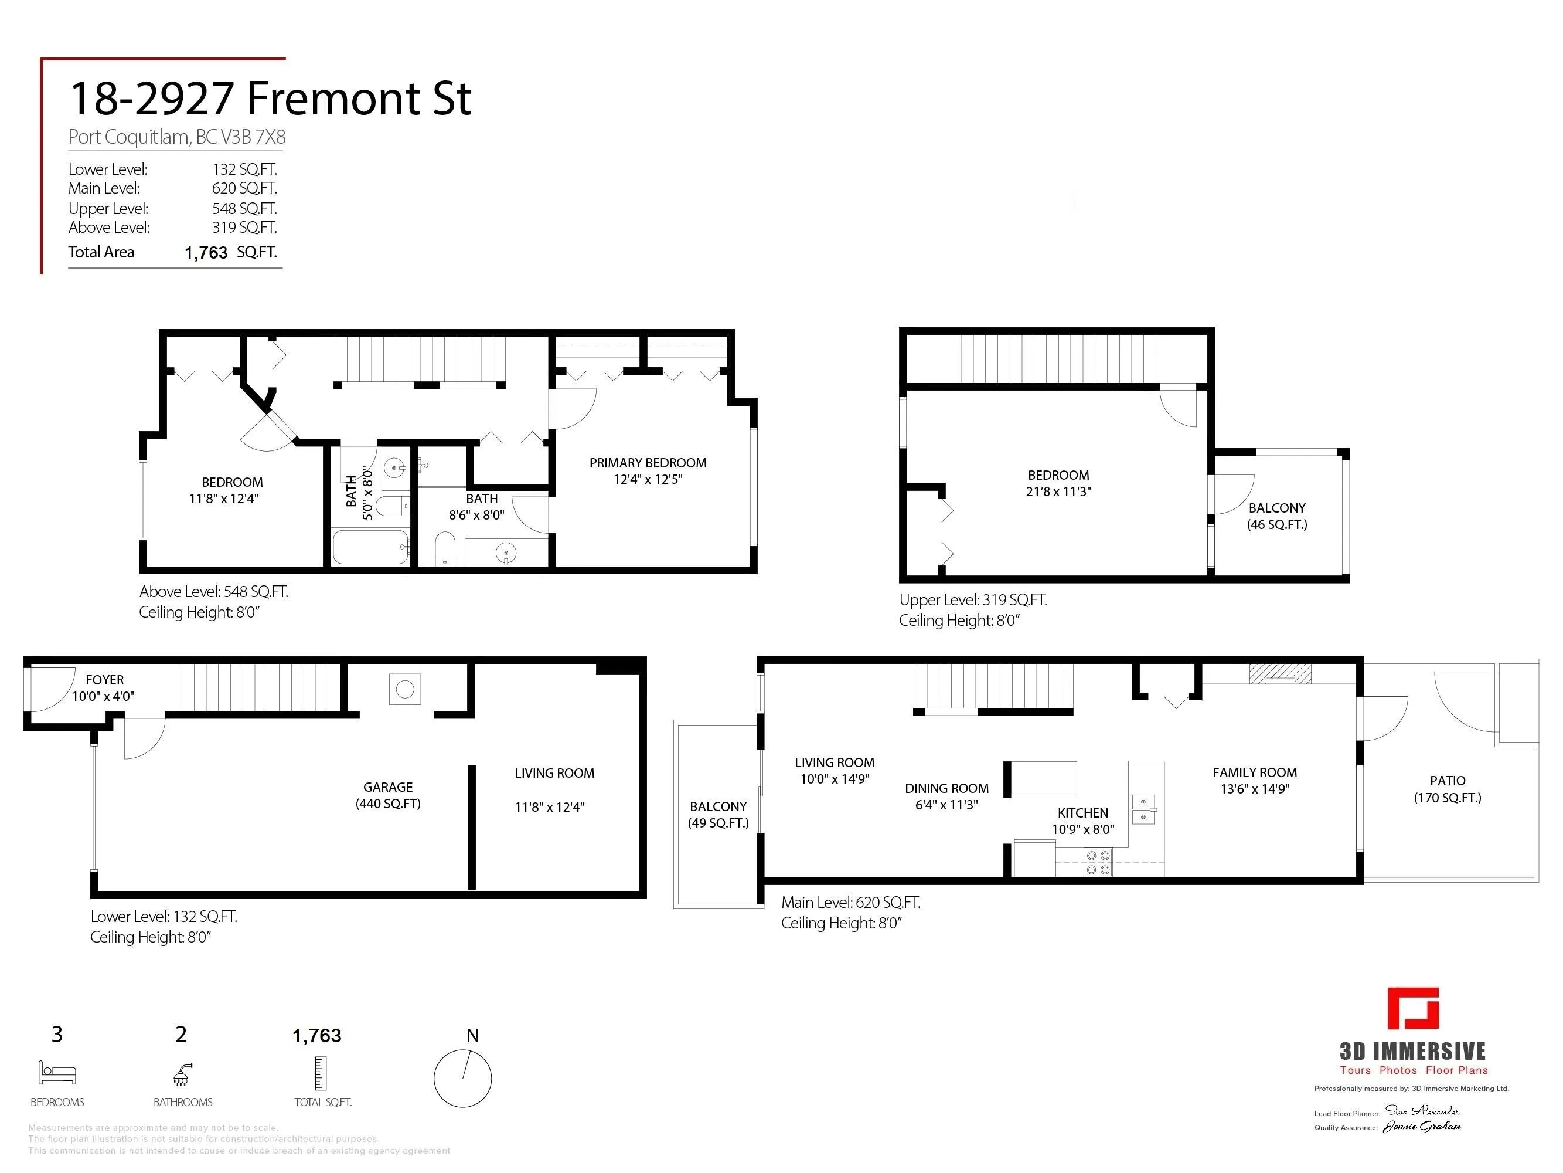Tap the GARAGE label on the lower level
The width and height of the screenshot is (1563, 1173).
(x=388, y=787)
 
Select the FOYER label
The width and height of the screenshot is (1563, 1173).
(x=104, y=680)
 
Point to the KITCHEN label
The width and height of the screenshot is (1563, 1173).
(x=1082, y=813)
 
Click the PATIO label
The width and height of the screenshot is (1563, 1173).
(x=1447, y=781)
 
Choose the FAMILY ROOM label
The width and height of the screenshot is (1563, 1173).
(x=1255, y=773)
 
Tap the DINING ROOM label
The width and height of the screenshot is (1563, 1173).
(x=947, y=788)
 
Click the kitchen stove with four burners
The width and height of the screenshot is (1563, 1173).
(x=1098, y=862)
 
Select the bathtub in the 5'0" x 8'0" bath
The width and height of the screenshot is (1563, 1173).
(x=371, y=547)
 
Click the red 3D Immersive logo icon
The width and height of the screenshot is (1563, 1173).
(x=1413, y=1008)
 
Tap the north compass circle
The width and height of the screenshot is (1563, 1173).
(x=463, y=1078)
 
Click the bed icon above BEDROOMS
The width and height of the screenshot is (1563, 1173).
(x=56, y=1073)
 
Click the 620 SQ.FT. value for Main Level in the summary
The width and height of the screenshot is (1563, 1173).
(x=244, y=188)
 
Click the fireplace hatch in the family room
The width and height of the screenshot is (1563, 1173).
(x=1280, y=674)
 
